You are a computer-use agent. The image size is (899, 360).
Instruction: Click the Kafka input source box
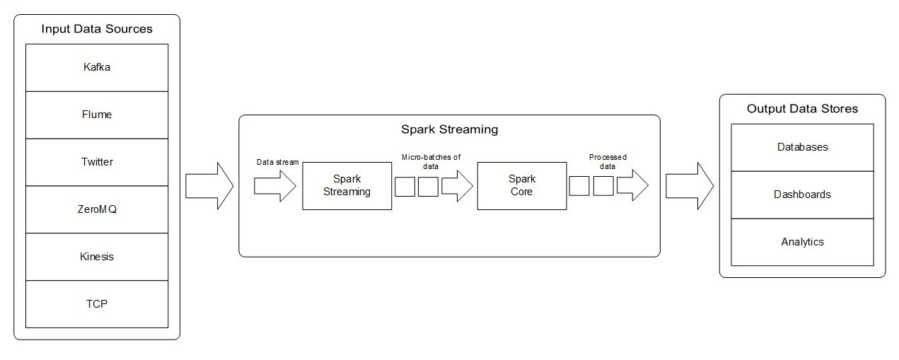[x=97, y=68]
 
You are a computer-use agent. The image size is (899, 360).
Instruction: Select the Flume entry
[x=97, y=115]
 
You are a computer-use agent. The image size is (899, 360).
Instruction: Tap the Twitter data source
[x=97, y=162]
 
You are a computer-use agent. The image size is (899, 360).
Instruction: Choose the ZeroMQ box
[x=97, y=209]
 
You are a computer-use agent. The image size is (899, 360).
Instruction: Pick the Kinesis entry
[x=97, y=257]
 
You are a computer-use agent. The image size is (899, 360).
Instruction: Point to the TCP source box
[x=97, y=304]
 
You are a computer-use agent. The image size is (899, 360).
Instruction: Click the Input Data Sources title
[x=97, y=29]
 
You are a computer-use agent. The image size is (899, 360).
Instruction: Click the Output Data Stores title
[x=802, y=109]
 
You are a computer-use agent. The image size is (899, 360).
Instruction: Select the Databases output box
[x=802, y=147]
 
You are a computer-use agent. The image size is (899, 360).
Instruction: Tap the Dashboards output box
[x=802, y=194]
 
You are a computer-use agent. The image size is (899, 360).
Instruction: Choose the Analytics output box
[x=802, y=242]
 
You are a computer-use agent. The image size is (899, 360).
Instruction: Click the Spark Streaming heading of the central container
[x=449, y=129]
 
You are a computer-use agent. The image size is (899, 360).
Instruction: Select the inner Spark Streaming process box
[x=347, y=186]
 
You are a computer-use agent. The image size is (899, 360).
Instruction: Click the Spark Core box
[x=521, y=186]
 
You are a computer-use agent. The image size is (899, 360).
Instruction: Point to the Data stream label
[x=277, y=163]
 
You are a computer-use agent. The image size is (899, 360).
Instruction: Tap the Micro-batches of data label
[x=431, y=162]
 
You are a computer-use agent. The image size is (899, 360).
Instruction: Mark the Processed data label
[x=608, y=162]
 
